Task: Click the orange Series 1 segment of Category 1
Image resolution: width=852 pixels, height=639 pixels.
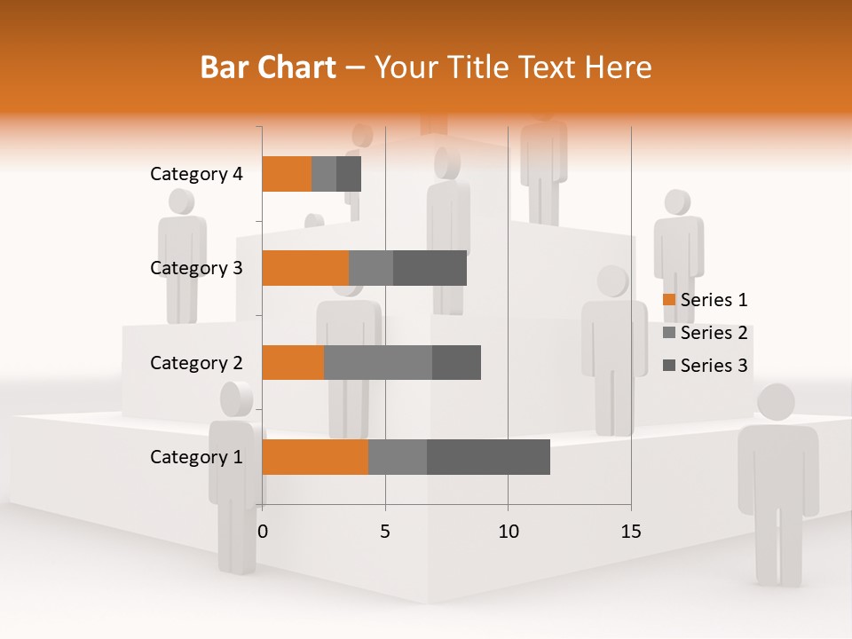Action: pyautogui.click(x=315, y=457)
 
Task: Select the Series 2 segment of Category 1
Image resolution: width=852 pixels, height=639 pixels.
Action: pyautogui.click(x=398, y=457)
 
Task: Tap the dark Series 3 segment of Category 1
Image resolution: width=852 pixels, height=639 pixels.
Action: pyautogui.click(x=488, y=457)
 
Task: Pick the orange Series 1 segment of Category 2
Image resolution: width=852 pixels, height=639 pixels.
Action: pyautogui.click(x=293, y=362)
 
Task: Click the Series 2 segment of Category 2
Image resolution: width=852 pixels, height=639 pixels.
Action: pyautogui.click(x=378, y=362)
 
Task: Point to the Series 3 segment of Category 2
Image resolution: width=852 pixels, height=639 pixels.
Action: pyautogui.click(x=456, y=362)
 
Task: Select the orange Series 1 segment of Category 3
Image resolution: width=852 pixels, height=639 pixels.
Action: pyautogui.click(x=305, y=268)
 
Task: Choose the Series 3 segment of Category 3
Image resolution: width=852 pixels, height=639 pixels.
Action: pyautogui.click(x=430, y=268)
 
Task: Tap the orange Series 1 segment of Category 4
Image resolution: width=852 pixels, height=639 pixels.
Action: pyautogui.click(x=287, y=174)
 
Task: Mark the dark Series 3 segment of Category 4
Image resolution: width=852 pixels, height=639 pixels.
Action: pyautogui.click(x=349, y=174)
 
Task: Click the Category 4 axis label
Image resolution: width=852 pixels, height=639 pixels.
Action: pyautogui.click(x=196, y=174)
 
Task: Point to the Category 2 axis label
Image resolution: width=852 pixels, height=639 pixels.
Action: pyautogui.click(x=196, y=362)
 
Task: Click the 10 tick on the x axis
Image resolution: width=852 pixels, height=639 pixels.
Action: pyautogui.click(x=508, y=532)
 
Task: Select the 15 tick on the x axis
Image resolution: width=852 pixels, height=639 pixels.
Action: pyautogui.click(x=631, y=532)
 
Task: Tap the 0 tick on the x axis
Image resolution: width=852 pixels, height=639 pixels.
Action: pyautogui.click(x=263, y=532)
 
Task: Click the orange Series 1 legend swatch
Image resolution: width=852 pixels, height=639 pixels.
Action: pyautogui.click(x=668, y=300)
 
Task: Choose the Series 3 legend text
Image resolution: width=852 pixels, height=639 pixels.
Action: pyautogui.click(x=714, y=366)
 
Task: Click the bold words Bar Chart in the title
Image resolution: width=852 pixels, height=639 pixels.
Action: pyautogui.click(x=268, y=67)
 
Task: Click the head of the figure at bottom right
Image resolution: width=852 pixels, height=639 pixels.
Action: pyautogui.click(x=777, y=403)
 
